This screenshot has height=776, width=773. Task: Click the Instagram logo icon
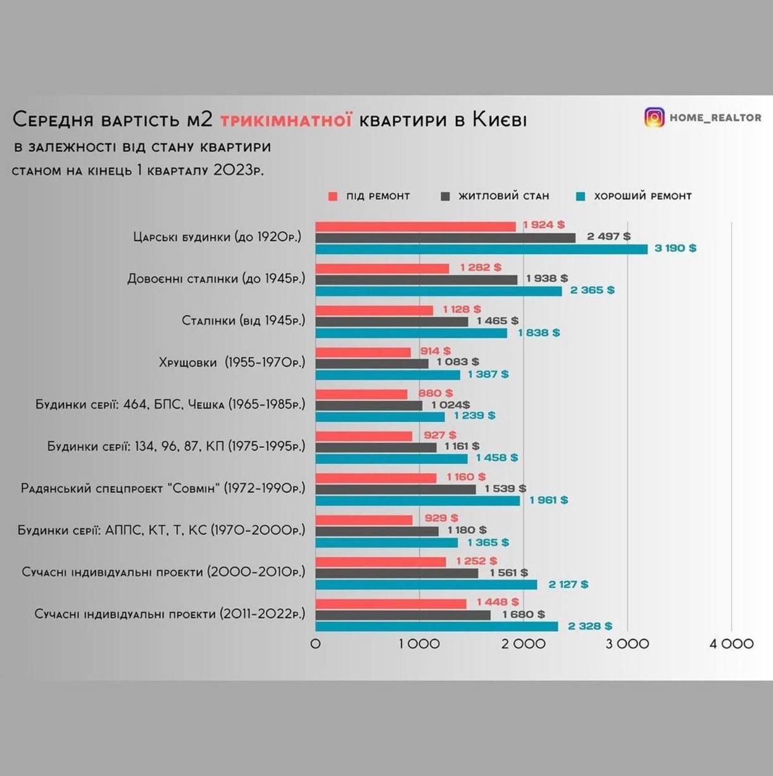(x=654, y=118)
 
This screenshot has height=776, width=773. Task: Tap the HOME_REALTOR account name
(x=715, y=118)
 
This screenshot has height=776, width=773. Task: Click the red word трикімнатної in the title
(x=286, y=120)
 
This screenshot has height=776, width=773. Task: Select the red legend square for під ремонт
(x=333, y=196)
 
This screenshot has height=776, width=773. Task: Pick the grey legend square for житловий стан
(x=445, y=196)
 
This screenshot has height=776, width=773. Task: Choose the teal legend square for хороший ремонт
(x=581, y=196)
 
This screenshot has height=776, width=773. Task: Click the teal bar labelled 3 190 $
(x=482, y=250)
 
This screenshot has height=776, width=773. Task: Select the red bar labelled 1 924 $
(x=415, y=227)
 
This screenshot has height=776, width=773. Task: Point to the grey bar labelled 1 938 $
(x=417, y=280)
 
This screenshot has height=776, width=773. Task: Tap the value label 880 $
(x=436, y=393)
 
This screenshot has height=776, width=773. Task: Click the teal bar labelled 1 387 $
(x=387, y=375)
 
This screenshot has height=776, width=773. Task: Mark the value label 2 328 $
(x=590, y=626)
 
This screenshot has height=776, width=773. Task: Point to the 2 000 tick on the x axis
(x=524, y=644)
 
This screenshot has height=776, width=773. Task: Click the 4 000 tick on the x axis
(x=731, y=644)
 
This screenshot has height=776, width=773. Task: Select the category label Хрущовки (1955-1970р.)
(x=232, y=363)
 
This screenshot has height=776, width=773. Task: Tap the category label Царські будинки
(x=187, y=237)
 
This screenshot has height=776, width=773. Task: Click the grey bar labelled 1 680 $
(x=403, y=615)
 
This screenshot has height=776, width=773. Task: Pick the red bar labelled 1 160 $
(x=376, y=478)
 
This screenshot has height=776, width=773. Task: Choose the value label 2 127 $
(x=568, y=584)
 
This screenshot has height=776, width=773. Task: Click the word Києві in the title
(x=500, y=120)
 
